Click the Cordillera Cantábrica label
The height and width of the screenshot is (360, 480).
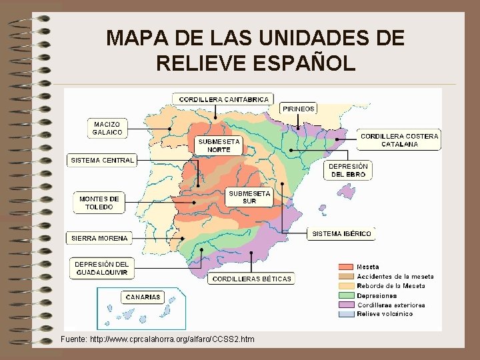click(224, 99)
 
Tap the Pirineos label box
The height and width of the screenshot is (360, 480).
click(299, 109)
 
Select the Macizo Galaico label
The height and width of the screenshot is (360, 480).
click(107, 128)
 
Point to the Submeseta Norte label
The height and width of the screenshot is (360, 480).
click(218, 145)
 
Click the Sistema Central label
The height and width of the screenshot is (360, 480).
click(103, 160)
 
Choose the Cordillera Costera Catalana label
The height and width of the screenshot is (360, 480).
click(399, 140)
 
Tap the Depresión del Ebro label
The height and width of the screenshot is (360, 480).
click(348, 170)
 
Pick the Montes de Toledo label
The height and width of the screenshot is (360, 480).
click(99, 203)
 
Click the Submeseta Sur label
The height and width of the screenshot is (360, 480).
click(249, 197)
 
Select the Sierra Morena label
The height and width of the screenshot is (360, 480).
click(99, 238)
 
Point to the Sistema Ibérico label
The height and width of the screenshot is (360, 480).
click(342, 234)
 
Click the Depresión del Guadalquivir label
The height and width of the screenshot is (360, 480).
click(101, 269)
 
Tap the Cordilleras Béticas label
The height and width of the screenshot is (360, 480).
click(252, 279)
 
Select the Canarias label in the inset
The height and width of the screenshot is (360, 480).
click(141, 297)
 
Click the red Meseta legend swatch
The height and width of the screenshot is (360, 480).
click(346, 267)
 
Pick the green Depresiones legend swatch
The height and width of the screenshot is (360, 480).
click(346, 295)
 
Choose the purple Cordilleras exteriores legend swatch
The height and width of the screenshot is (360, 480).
click(346, 305)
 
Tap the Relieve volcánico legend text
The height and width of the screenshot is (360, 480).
click(385, 314)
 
